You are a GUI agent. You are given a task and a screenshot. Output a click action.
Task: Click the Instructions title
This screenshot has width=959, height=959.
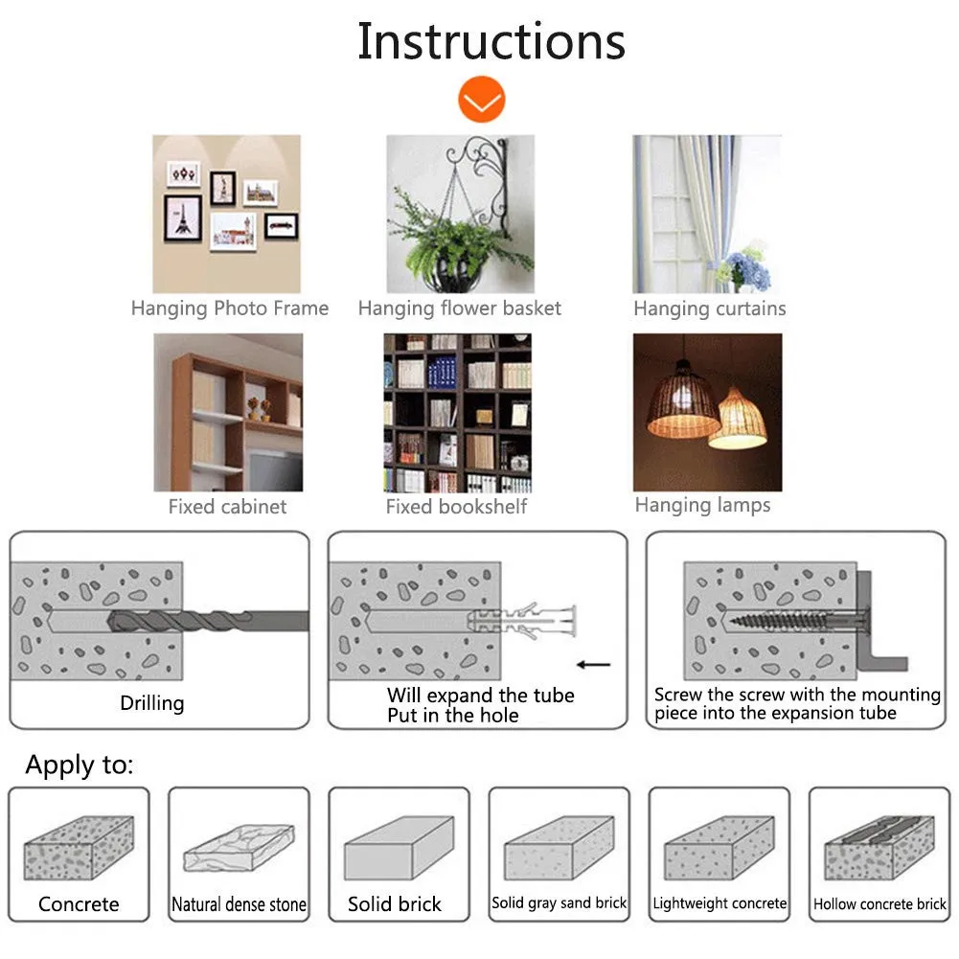point(491,41)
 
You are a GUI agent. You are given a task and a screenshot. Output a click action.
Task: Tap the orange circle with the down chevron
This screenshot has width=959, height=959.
point(481,101)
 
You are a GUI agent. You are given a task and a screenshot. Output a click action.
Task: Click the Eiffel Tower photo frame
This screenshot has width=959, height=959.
point(182,217)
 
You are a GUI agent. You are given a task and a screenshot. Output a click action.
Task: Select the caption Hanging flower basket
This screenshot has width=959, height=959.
point(459,308)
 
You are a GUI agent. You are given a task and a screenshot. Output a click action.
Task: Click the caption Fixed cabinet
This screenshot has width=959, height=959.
point(227,507)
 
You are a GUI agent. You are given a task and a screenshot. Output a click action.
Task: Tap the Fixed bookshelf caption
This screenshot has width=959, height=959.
point(456,507)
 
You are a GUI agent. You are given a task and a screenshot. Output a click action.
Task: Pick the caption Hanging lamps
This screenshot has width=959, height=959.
point(702,505)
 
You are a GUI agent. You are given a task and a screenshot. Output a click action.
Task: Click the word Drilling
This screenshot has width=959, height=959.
point(151,703)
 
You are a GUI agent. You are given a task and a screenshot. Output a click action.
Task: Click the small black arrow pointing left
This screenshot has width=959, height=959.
point(594,664)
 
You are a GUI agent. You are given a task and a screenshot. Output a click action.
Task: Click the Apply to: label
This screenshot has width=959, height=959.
point(80,765)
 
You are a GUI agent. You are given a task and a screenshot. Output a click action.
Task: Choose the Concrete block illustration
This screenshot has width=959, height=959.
point(79,847)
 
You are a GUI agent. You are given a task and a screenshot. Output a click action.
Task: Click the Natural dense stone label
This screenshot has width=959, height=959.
point(239,904)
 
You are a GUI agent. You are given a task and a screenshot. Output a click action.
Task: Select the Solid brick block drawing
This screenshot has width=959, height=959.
point(398,847)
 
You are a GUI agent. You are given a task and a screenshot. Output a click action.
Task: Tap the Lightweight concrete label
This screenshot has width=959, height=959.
point(719,903)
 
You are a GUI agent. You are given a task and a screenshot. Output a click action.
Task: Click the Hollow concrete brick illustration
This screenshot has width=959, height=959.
point(879,848)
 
